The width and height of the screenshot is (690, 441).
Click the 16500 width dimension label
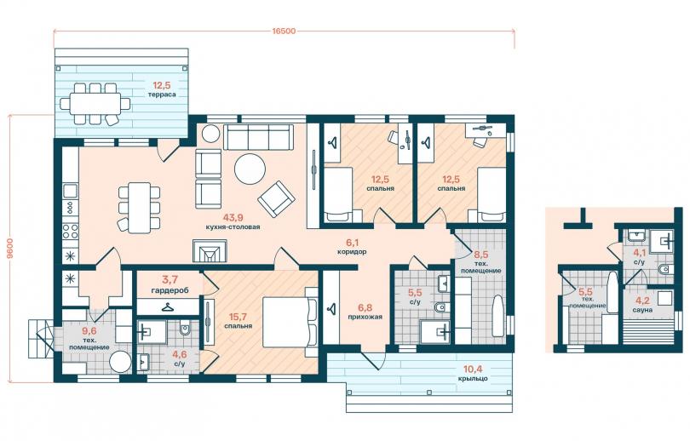point(284,31)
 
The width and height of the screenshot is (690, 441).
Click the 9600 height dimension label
point(10,249)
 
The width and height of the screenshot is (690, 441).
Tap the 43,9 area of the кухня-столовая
point(233,217)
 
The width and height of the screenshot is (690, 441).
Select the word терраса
point(162,94)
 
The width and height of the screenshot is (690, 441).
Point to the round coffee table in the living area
point(250,169)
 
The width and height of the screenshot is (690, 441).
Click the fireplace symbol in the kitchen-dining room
point(210,251)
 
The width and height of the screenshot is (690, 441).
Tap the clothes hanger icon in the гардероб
point(167,306)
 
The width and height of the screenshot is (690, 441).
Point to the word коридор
point(352,252)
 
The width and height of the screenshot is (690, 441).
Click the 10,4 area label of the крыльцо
point(472,369)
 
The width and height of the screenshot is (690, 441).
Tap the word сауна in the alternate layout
point(643,310)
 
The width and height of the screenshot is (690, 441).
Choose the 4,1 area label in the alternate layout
point(639,253)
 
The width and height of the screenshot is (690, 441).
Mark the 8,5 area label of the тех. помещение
point(481,255)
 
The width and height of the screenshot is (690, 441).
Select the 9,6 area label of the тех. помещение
point(89,332)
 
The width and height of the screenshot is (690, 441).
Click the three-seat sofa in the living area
point(258,137)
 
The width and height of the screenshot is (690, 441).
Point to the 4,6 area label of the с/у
point(179,355)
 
